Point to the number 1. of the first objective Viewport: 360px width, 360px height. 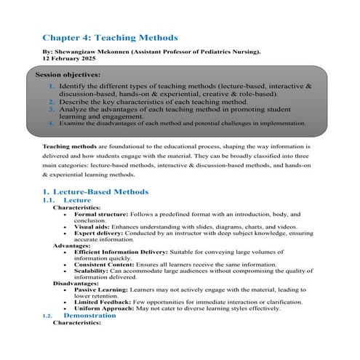(x=52, y=87)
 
